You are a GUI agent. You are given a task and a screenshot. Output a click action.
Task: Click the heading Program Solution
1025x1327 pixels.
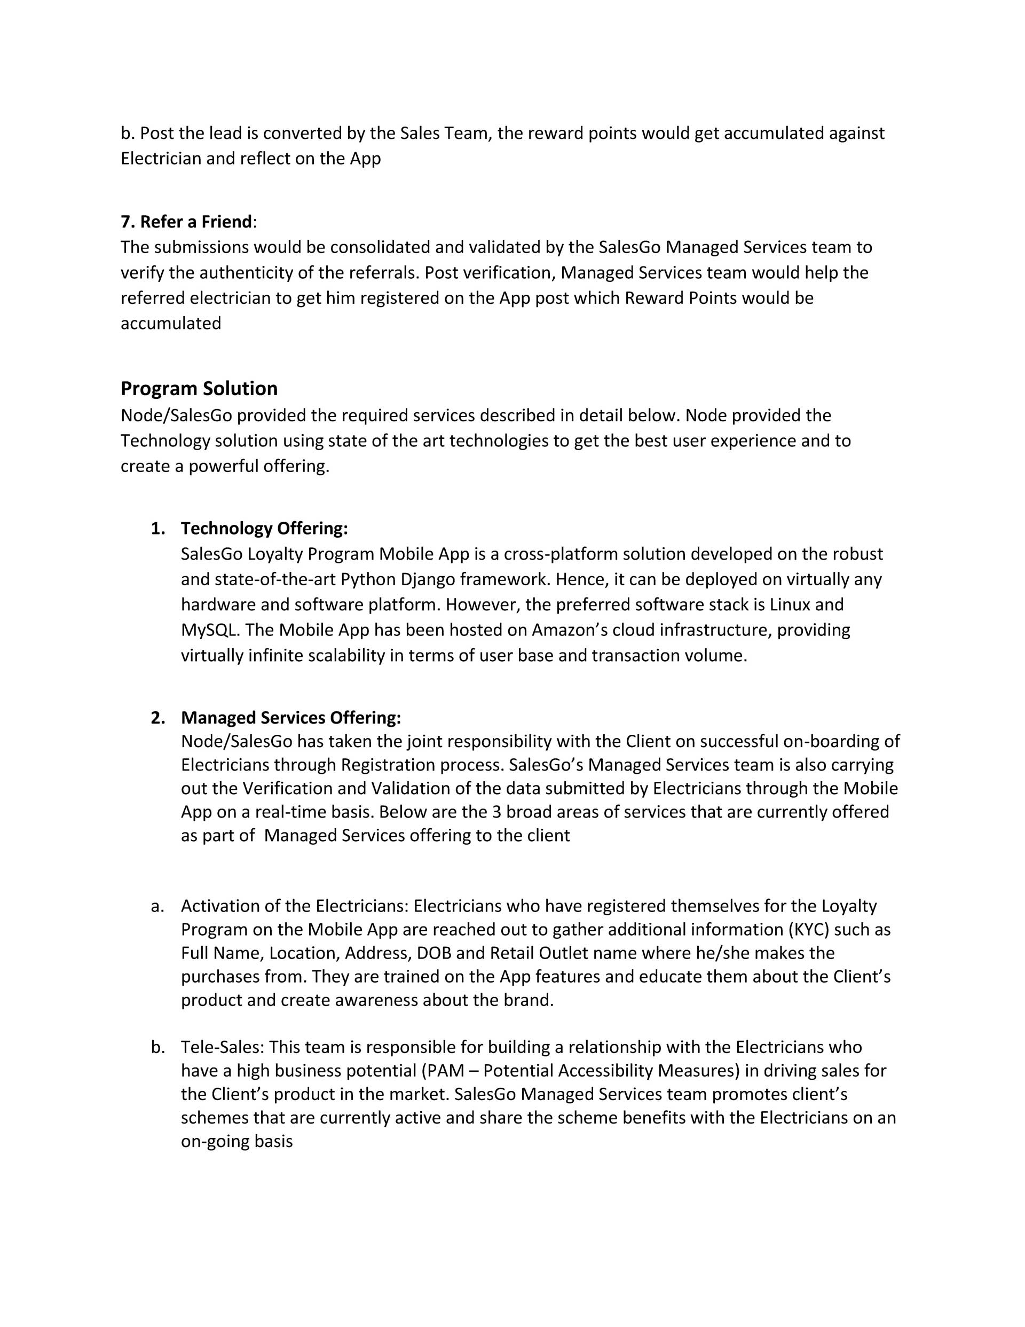coord(199,388)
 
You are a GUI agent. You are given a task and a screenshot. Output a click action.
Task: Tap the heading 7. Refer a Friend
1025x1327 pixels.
coord(186,222)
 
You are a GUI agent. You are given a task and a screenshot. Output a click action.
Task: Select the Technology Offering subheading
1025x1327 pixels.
coord(264,529)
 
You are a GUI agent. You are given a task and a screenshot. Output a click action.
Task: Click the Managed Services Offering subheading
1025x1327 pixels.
coord(290,718)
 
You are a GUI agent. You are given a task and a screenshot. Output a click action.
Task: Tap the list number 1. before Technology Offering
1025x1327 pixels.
coord(157,529)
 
